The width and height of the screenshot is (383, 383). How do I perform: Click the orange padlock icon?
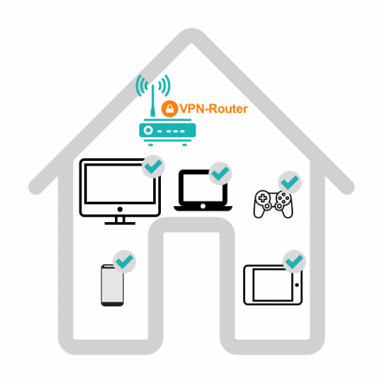(x=169, y=109)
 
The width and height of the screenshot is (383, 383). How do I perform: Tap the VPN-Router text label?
(x=214, y=109)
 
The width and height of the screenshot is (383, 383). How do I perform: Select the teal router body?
(x=168, y=130)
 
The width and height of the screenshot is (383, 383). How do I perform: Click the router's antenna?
(x=153, y=101)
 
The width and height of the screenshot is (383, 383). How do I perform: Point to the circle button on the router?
(x=148, y=130)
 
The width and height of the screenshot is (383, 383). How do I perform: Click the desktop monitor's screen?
(x=120, y=184)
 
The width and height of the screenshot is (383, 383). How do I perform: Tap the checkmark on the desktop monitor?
(x=153, y=166)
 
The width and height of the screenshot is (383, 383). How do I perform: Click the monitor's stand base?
(x=120, y=224)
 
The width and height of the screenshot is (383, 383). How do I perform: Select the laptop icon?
(x=203, y=190)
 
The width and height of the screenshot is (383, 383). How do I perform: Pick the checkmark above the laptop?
(x=220, y=173)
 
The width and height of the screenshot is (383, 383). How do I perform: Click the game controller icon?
(x=273, y=204)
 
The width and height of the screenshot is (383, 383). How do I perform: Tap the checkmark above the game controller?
(x=290, y=182)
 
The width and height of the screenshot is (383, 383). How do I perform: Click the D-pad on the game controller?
(x=263, y=198)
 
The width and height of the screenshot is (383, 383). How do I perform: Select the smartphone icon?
(x=112, y=286)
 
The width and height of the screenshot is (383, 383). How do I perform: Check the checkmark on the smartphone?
(x=125, y=262)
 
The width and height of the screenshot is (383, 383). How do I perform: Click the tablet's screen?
(x=272, y=285)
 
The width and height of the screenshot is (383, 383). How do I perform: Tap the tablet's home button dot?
(x=297, y=285)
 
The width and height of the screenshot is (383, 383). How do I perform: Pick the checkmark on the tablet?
(x=295, y=261)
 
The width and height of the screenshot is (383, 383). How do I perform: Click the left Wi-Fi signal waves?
(x=141, y=86)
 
